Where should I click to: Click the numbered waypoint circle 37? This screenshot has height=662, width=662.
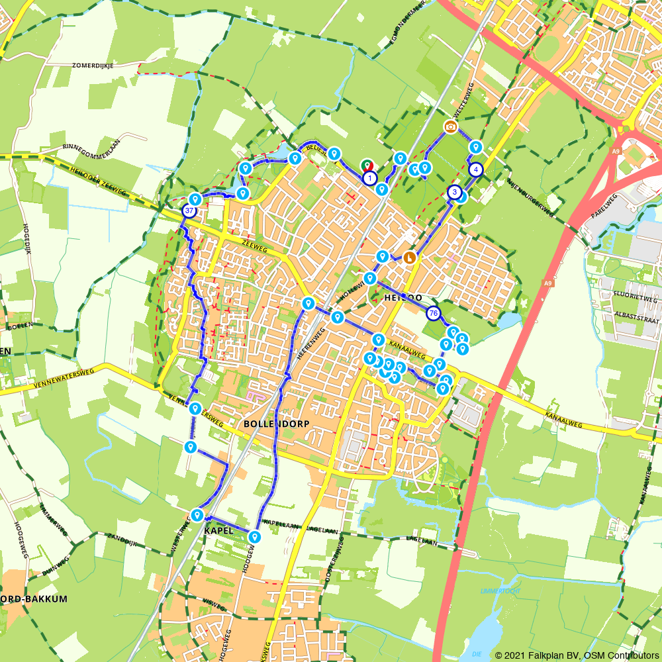(189, 211)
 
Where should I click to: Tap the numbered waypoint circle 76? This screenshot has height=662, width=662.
(434, 313)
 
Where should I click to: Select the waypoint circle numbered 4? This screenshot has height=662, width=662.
(476, 169)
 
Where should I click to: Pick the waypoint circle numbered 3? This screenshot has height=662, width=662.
(454, 192)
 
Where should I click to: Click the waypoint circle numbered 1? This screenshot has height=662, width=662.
(370, 177)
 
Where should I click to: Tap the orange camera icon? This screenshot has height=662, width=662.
(451, 126)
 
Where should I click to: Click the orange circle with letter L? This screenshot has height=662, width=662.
(410, 258)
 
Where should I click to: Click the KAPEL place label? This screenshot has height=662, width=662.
(220, 531)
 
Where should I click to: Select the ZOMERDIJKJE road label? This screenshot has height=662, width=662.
(93, 65)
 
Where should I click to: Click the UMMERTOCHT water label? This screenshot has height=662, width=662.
(501, 591)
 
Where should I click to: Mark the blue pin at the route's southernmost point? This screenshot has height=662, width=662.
(255, 536)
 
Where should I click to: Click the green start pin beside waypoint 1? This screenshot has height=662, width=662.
(366, 165)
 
